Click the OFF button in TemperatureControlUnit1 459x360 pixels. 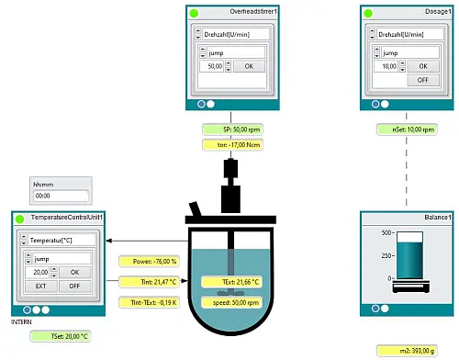75,286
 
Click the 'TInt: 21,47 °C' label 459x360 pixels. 147,282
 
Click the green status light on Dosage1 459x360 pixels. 370,12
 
